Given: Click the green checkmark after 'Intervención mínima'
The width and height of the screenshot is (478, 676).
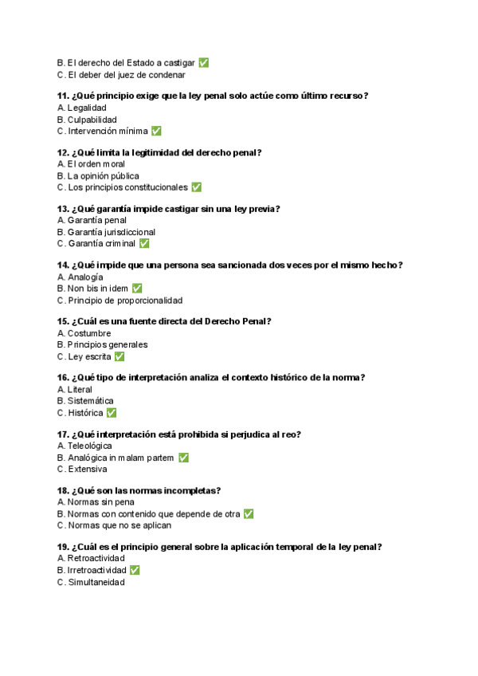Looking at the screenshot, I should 156,131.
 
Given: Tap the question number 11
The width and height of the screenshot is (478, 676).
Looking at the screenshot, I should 62,96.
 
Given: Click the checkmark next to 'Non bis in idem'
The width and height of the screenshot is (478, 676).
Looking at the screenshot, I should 137,289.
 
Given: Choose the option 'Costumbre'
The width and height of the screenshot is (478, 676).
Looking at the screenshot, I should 89,333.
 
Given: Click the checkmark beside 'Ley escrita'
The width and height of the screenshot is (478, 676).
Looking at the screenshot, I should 119,356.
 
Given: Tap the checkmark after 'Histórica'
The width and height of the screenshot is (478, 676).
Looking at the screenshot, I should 112,413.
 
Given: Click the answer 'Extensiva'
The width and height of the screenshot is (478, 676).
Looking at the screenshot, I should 89,470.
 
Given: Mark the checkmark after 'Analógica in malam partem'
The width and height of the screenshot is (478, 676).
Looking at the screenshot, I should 183,458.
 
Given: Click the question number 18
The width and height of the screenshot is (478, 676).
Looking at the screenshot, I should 62,491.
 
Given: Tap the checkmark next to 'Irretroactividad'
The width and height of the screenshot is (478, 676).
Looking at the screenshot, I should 135,570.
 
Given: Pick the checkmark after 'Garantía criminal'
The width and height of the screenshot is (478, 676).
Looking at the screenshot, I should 144,243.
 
